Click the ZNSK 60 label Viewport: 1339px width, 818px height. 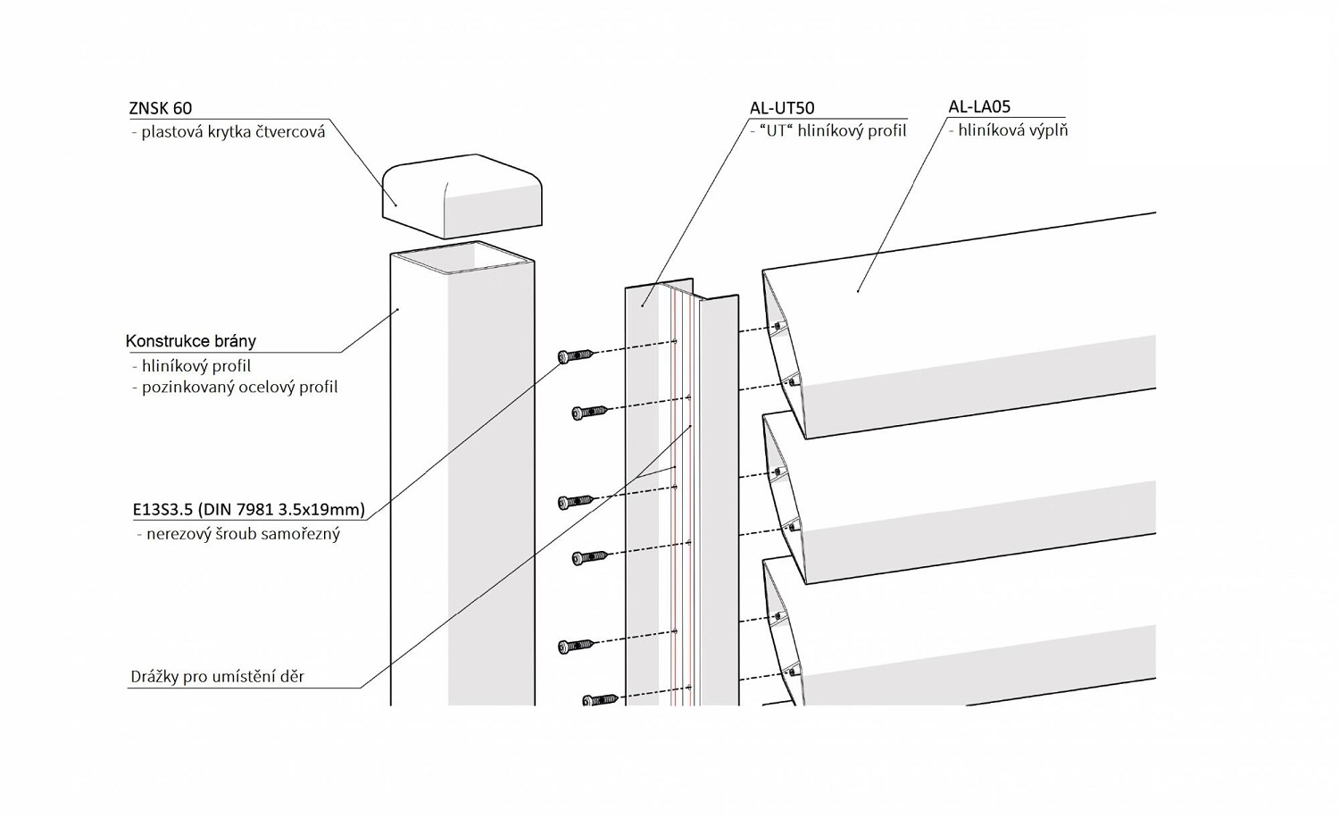click(161, 108)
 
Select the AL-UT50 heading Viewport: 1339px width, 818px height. click(782, 108)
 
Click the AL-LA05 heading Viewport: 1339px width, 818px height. click(979, 107)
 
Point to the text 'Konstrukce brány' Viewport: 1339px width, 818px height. click(191, 341)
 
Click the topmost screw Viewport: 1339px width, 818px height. click(576, 356)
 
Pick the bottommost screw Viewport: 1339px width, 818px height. click(600, 700)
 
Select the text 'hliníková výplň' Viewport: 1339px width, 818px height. click(1012, 130)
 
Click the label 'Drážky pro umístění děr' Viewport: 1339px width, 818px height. click(218, 677)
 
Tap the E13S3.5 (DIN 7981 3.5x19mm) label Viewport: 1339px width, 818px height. click(249, 510)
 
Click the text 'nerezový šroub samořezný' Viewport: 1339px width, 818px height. click(243, 534)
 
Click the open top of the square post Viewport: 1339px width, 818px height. click(462, 257)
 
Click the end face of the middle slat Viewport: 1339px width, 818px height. click(784, 500)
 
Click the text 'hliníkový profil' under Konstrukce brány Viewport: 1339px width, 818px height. click(196, 366)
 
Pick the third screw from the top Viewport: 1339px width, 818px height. click(576, 502)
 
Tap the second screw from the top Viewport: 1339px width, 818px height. click(589, 412)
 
